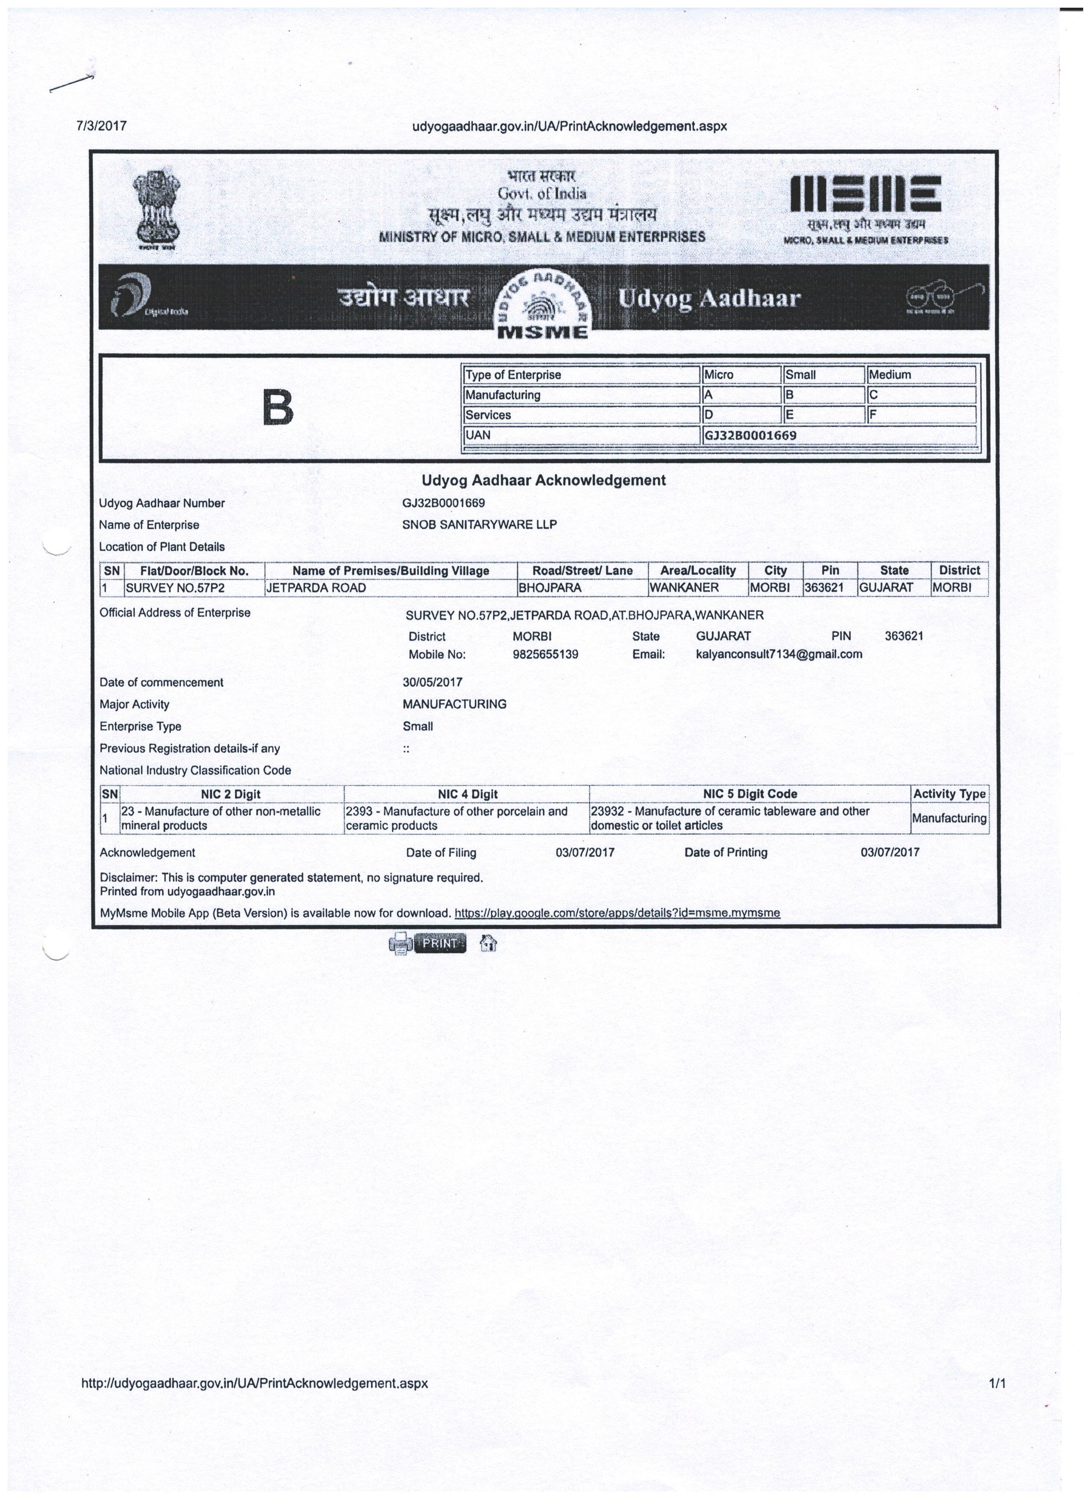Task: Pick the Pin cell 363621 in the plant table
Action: tap(824, 588)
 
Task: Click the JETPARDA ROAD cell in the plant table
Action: tap(316, 588)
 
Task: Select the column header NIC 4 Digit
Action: tap(467, 794)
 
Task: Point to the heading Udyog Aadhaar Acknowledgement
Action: tap(543, 480)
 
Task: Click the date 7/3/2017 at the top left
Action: tap(101, 125)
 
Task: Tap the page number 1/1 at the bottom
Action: tap(997, 1383)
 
